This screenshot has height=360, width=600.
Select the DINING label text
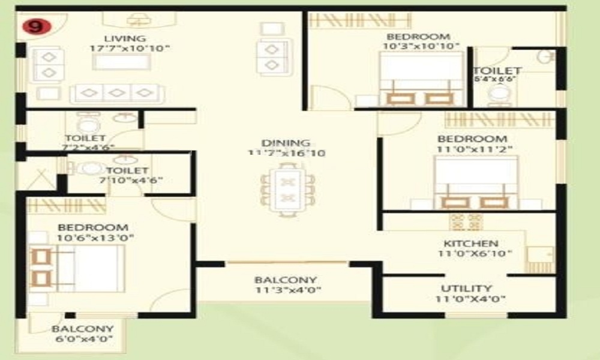click(286, 143)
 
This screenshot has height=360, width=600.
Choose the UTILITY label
click(466, 289)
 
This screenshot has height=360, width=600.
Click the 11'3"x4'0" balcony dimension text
click(286, 291)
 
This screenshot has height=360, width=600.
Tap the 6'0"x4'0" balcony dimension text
click(82, 340)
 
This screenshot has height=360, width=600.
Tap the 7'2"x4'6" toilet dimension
click(89, 148)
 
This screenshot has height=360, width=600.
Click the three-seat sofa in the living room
click(117, 93)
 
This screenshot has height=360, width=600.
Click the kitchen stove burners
click(466, 220)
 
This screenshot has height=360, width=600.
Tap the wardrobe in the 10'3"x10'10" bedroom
click(351, 20)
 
